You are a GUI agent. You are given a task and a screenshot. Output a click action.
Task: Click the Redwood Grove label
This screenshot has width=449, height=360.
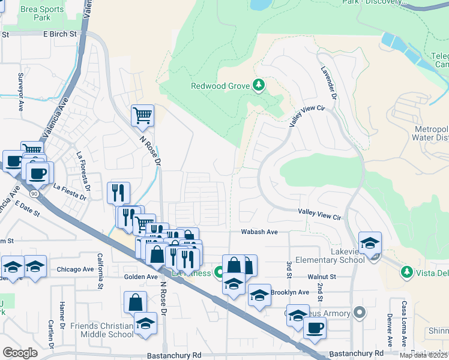(220, 86)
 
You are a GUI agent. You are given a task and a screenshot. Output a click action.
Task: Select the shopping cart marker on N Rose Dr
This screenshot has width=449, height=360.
(142, 115)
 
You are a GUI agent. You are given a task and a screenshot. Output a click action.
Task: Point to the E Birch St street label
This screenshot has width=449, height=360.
(60, 34)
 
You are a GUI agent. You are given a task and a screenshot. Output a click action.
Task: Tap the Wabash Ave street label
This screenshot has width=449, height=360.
(259, 232)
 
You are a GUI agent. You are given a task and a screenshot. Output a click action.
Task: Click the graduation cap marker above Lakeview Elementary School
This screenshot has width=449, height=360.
(370, 242)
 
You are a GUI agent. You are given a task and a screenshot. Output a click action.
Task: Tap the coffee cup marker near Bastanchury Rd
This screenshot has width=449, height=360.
(315, 328)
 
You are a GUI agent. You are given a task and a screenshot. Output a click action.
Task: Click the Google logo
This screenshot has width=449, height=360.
(20, 353)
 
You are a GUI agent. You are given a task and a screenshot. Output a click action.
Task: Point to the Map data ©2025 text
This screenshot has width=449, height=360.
(423, 355)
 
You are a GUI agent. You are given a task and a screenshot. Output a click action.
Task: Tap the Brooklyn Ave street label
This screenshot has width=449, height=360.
(290, 292)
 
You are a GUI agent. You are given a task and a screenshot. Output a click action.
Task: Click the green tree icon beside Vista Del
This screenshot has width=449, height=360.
(407, 272)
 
